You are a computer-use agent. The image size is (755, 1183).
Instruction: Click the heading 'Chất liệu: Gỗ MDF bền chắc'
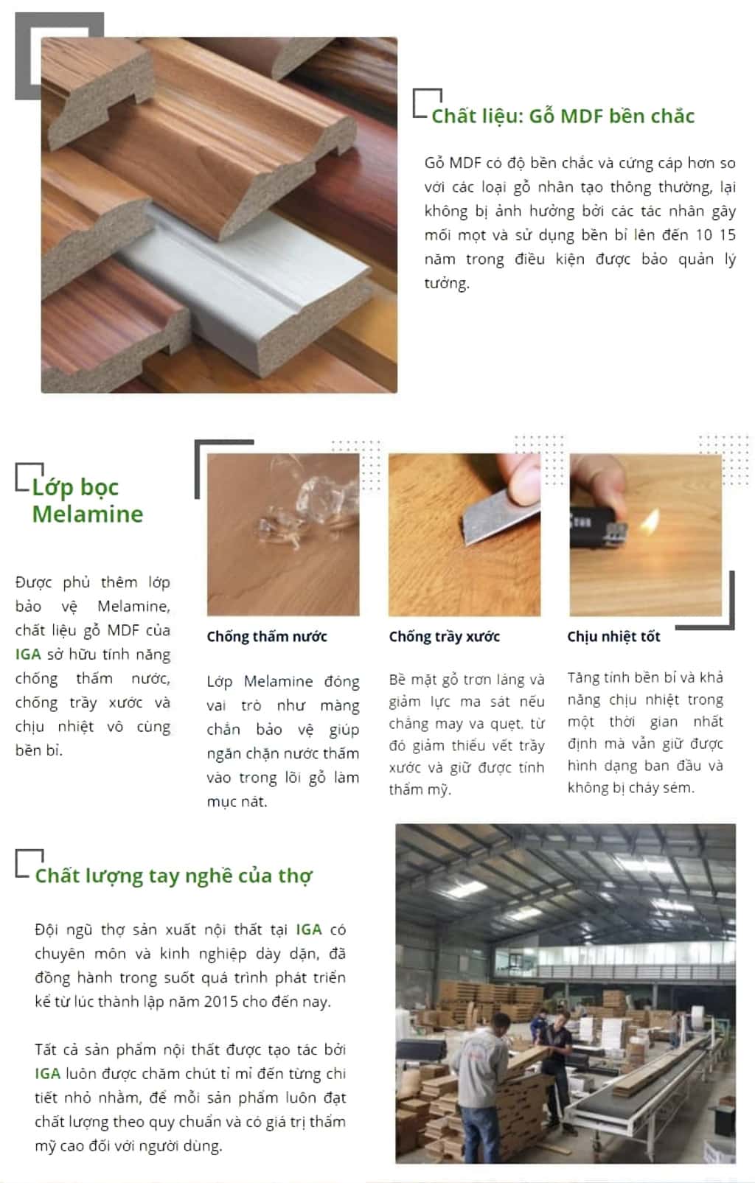563,116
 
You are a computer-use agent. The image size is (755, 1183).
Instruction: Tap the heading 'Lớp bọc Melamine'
87,500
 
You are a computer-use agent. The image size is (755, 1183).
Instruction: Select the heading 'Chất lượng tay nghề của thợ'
173,876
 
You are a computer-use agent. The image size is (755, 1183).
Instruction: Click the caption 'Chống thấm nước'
267,637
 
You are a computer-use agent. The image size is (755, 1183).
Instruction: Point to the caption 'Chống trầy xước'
445,637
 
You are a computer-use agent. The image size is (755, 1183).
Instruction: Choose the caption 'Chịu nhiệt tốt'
613,637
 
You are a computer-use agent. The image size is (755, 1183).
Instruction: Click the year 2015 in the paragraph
221,1002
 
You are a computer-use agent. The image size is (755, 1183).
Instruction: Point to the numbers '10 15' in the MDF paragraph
715,235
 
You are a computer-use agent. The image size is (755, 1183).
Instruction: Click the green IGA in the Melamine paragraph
28,655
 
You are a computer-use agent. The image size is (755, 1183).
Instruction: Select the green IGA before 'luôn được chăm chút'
47,1074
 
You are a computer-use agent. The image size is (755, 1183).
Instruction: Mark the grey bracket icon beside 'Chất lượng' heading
28,863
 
